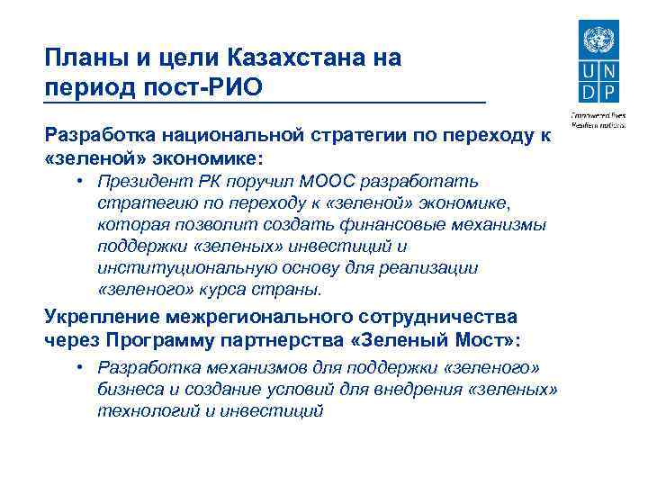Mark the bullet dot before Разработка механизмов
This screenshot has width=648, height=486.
tap(80, 367)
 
